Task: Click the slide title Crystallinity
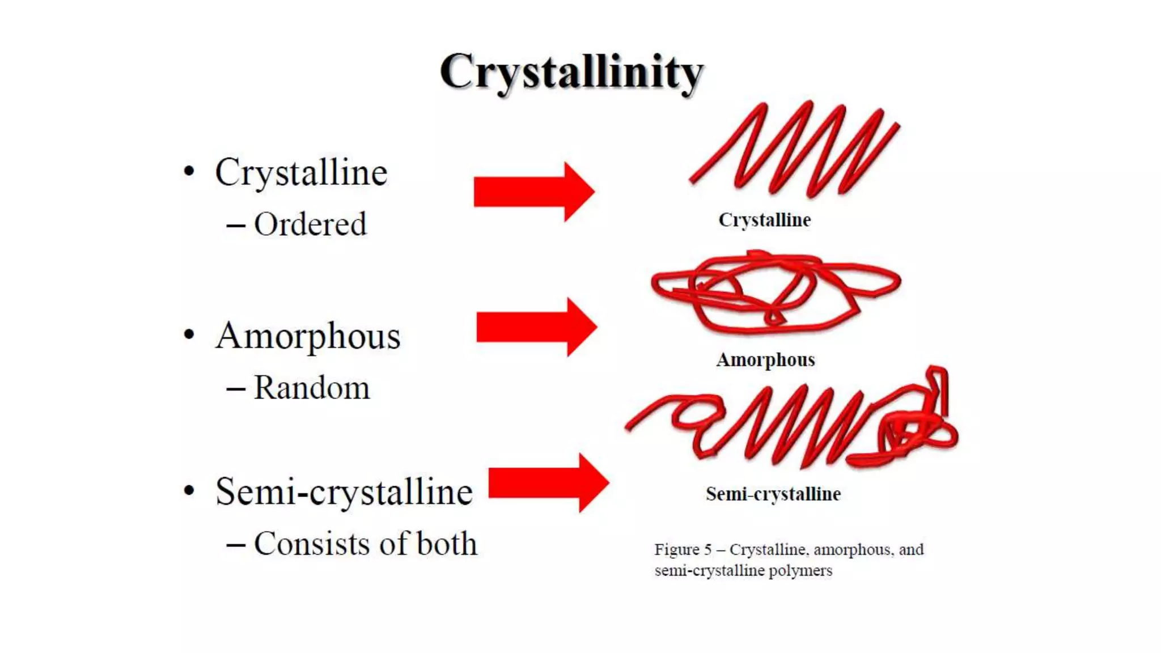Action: pyautogui.click(x=571, y=73)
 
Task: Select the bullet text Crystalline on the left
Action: pyautogui.click(x=301, y=172)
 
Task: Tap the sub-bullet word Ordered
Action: pyautogui.click(x=310, y=224)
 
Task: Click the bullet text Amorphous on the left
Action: pyautogui.click(x=308, y=336)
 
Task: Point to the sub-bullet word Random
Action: pyautogui.click(x=311, y=388)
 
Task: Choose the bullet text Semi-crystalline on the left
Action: pyautogui.click(x=344, y=491)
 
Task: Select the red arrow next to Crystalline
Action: pyautogui.click(x=533, y=192)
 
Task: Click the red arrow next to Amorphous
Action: pyautogui.click(x=536, y=327)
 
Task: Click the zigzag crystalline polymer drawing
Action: pyautogui.click(x=794, y=150)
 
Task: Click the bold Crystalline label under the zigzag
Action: pyautogui.click(x=765, y=220)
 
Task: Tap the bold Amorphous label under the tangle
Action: pyautogui.click(x=765, y=360)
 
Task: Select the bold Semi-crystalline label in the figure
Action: pyautogui.click(x=773, y=494)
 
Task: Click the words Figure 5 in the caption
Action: pyautogui.click(x=683, y=550)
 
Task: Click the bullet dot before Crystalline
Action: pyautogui.click(x=189, y=171)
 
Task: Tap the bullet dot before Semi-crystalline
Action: pyautogui.click(x=189, y=491)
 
